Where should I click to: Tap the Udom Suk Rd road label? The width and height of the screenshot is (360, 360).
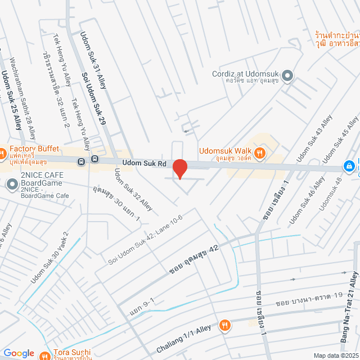tap(146, 163)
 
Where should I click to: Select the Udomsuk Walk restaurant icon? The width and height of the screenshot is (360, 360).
tap(259, 152)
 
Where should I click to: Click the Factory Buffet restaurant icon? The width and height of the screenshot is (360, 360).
tap(2, 152)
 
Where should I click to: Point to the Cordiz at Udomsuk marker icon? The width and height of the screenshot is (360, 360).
tap(287, 75)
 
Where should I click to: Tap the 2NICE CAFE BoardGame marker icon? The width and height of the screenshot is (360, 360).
tap(12, 184)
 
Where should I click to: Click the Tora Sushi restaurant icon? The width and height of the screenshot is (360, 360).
tap(45, 355)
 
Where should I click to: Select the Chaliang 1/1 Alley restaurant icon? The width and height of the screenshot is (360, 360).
tap(224, 325)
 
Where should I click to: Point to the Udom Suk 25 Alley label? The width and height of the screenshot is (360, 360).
tap(11, 100)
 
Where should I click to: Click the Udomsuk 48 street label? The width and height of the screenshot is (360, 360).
tap(330, 194)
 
